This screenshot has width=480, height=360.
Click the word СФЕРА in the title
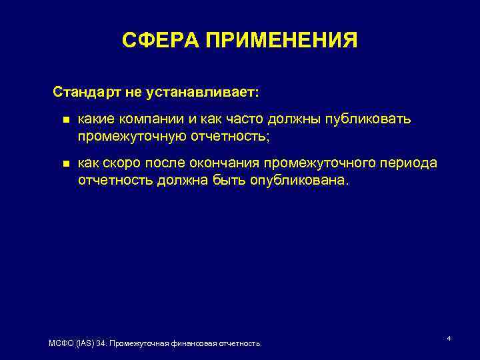pyautogui.click(x=161, y=41)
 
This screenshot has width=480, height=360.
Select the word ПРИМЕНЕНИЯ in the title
pyautogui.click(x=281, y=41)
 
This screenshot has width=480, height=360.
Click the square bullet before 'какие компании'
pyautogui.click(x=65, y=121)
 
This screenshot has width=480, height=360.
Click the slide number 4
pyautogui.click(x=449, y=339)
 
